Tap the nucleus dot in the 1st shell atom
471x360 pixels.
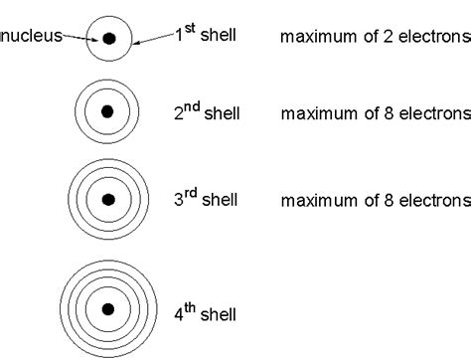click(109, 39)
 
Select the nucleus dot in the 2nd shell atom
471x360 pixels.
click(109, 110)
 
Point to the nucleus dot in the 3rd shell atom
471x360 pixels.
click(109, 199)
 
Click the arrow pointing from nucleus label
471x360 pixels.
click(79, 38)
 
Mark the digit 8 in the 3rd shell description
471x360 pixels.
click(386, 201)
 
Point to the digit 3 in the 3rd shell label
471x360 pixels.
click(179, 201)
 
